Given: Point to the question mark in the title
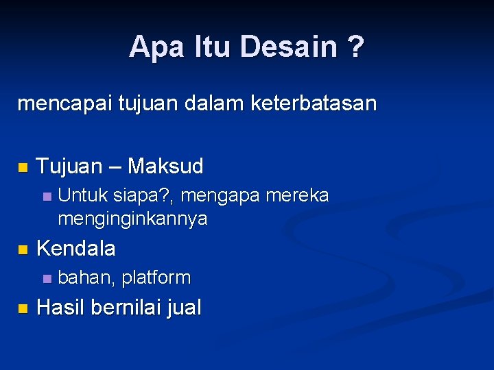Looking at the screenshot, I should pyautogui.click(x=356, y=47).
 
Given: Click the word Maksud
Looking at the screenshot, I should pyautogui.click(x=165, y=166).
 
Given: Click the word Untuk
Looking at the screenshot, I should pyautogui.click(x=82, y=196).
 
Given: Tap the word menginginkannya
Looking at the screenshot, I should pyautogui.click(x=132, y=219).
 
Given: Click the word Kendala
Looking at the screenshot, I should pyautogui.click(x=75, y=249).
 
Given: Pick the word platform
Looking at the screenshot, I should pyautogui.click(x=156, y=277).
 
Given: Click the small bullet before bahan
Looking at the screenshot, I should pyautogui.click(x=46, y=279).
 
